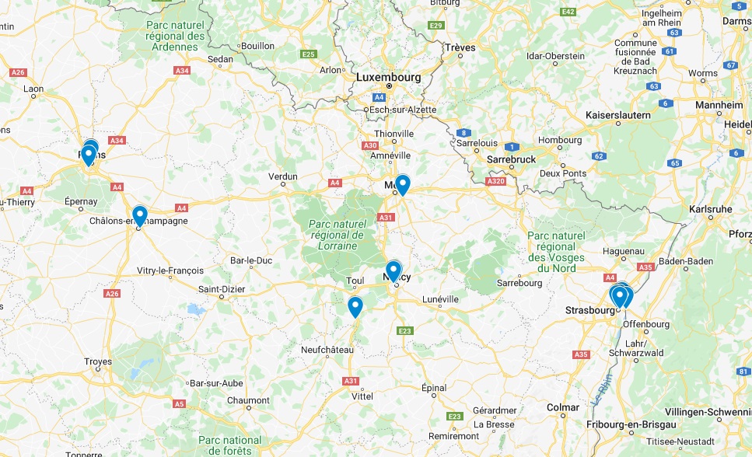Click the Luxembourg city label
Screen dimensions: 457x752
[388, 78]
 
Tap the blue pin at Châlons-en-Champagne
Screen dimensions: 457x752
[140, 215]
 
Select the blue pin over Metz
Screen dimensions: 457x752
[402, 184]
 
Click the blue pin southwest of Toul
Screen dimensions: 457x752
[355, 306]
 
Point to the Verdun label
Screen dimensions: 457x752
[283, 176]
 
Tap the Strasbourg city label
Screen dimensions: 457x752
[589, 310]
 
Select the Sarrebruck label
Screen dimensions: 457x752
[511, 159]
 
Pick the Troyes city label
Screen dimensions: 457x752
[98, 361]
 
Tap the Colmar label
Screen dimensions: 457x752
[563, 407]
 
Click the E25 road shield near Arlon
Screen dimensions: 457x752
[309, 54]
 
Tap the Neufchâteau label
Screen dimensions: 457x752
[327, 351]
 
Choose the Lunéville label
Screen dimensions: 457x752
[440, 299]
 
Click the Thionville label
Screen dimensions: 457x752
[393, 134]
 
